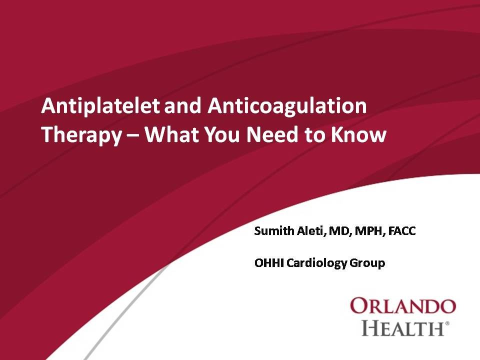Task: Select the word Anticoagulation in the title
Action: (x=287, y=106)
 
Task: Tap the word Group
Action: (x=369, y=263)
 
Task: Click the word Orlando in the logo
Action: (x=402, y=305)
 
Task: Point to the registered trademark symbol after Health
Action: (x=447, y=324)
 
